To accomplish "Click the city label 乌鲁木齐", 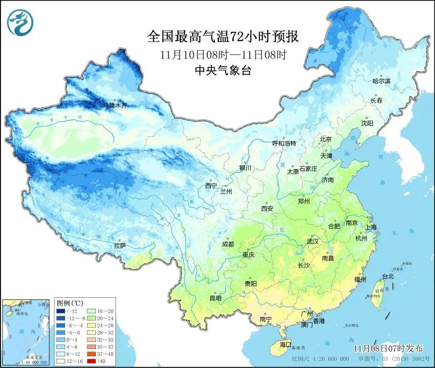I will pyautogui.click(x=114, y=106).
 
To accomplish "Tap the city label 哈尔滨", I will pyautogui.click(x=381, y=81).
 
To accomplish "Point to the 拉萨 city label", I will pyautogui.click(x=120, y=246).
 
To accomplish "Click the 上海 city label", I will pyautogui.click(x=371, y=227).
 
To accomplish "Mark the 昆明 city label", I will pyautogui.click(x=215, y=298).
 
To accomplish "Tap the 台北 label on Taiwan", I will pyautogui.click(x=388, y=276).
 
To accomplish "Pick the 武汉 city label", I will pyautogui.click(x=312, y=241).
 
